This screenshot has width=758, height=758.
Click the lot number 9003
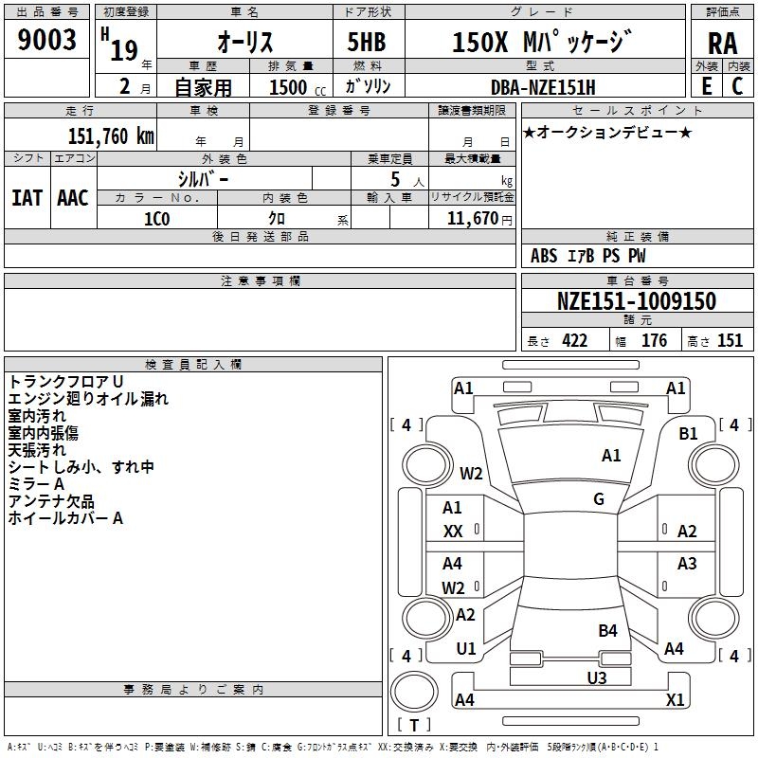coord(47,41)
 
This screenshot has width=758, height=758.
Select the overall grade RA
coord(722,43)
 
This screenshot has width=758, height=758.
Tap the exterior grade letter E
coord(705,84)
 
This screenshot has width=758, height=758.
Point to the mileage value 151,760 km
coord(111,135)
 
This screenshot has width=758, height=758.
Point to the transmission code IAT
coord(27,198)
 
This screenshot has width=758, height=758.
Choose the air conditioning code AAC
coord(73,198)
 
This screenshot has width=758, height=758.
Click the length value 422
coord(574,341)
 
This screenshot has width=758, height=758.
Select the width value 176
coord(654,341)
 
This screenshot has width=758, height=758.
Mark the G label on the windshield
coord(598,498)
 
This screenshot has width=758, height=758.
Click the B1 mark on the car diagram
coord(688,434)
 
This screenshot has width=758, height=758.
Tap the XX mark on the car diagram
coord(453,532)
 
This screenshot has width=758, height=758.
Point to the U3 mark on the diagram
coord(596,677)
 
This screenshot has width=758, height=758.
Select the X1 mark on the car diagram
coord(675,699)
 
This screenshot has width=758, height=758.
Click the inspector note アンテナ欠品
coord(51,501)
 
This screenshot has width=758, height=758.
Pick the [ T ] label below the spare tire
coord(413,725)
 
